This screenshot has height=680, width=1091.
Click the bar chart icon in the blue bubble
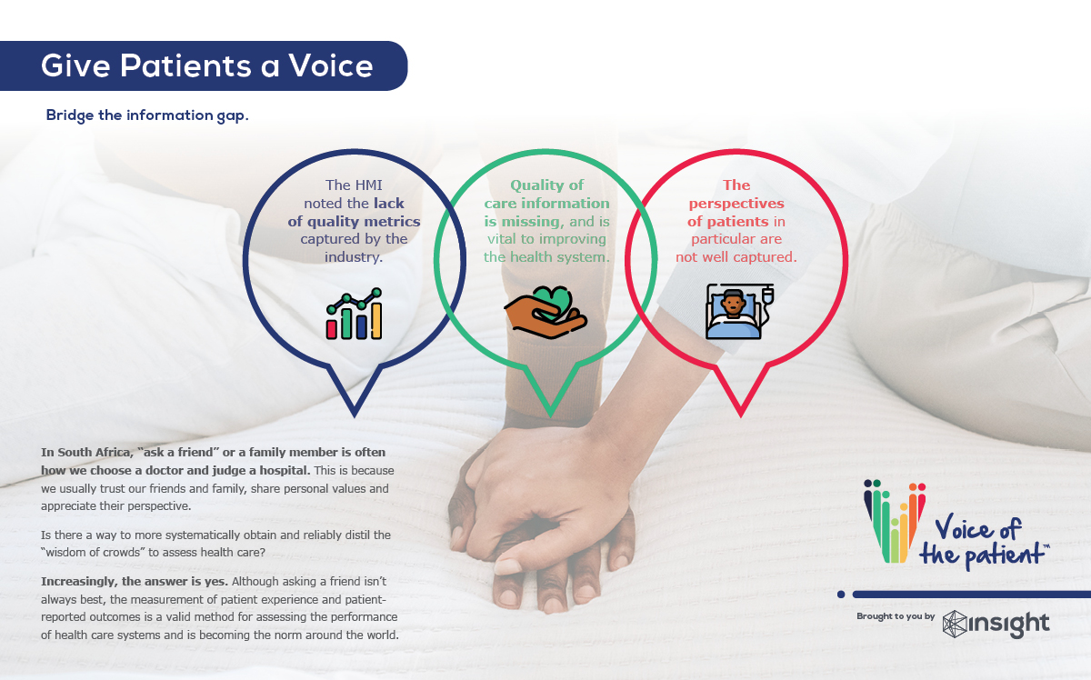pyautogui.click(x=354, y=314)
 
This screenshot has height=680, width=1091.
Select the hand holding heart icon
pyautogui.click(x=545, y=309)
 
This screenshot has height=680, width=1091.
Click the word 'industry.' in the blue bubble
pyautogui.click(x=354, y=257)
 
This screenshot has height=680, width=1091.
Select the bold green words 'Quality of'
pyautogui.click(x=546, y=185)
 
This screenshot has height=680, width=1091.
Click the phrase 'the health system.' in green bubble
pyautogui.click(x=546, y=257)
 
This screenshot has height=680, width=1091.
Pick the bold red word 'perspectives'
pyautogui.click(x=736, y=204)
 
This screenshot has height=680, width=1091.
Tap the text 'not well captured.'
pyautogui.click(x=736, y=257)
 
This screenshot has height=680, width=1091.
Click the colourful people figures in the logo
pyautogui.click(x=894, y=518)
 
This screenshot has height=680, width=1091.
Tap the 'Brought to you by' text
pyautogui.click(x=896, y=616)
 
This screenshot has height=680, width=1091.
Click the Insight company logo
pyautogui.click(x=996, y=624)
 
